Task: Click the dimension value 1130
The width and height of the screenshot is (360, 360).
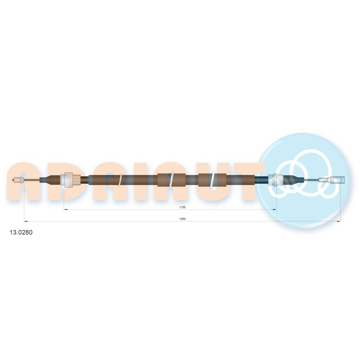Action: pyautogui.click(x=182, y=207)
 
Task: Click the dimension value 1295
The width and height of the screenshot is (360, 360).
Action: pyautogui.click(x=182, y=219)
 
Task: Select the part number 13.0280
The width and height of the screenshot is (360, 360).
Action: pyautogui.click(x=21, y=232)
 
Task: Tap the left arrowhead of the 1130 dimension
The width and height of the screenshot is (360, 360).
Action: pyautogui.click(x=66, y=210)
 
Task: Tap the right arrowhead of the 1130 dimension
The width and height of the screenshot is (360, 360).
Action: pyautogui.click(x=275, y=210)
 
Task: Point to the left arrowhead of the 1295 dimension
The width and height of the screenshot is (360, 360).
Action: pyautogui.click(x=26, y=221)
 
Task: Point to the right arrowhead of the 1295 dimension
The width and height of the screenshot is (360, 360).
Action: pyautogui.click(x=339, y=221)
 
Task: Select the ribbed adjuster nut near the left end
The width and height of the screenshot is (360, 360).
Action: pyautogui.click(x=72, y=180)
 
